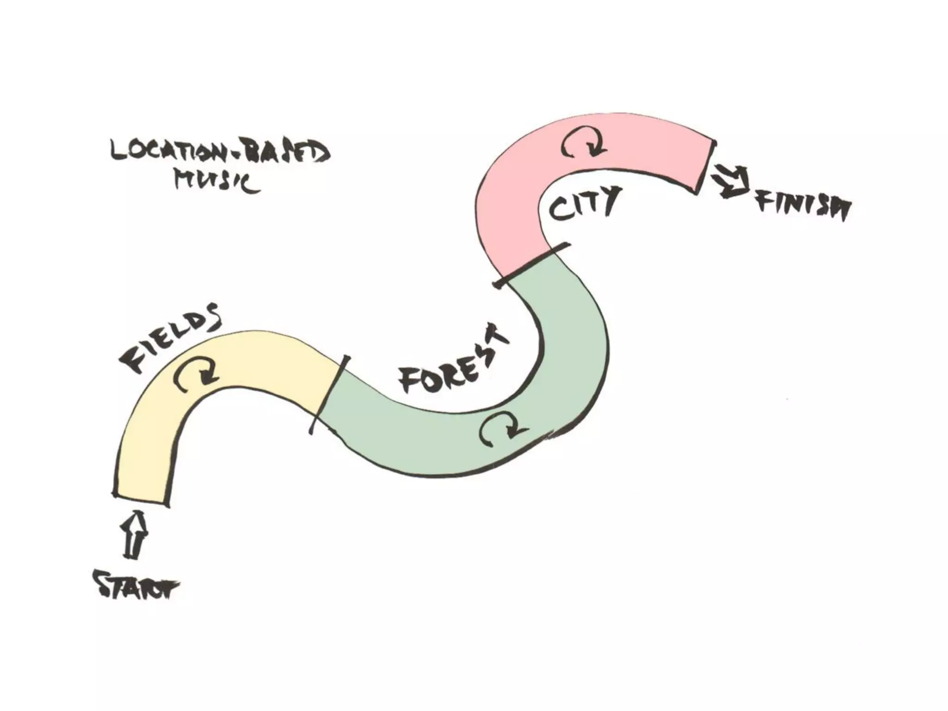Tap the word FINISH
point(803,206)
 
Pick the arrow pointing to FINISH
point(732,183)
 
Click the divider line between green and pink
point(530,266)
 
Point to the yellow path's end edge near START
point(140,499)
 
